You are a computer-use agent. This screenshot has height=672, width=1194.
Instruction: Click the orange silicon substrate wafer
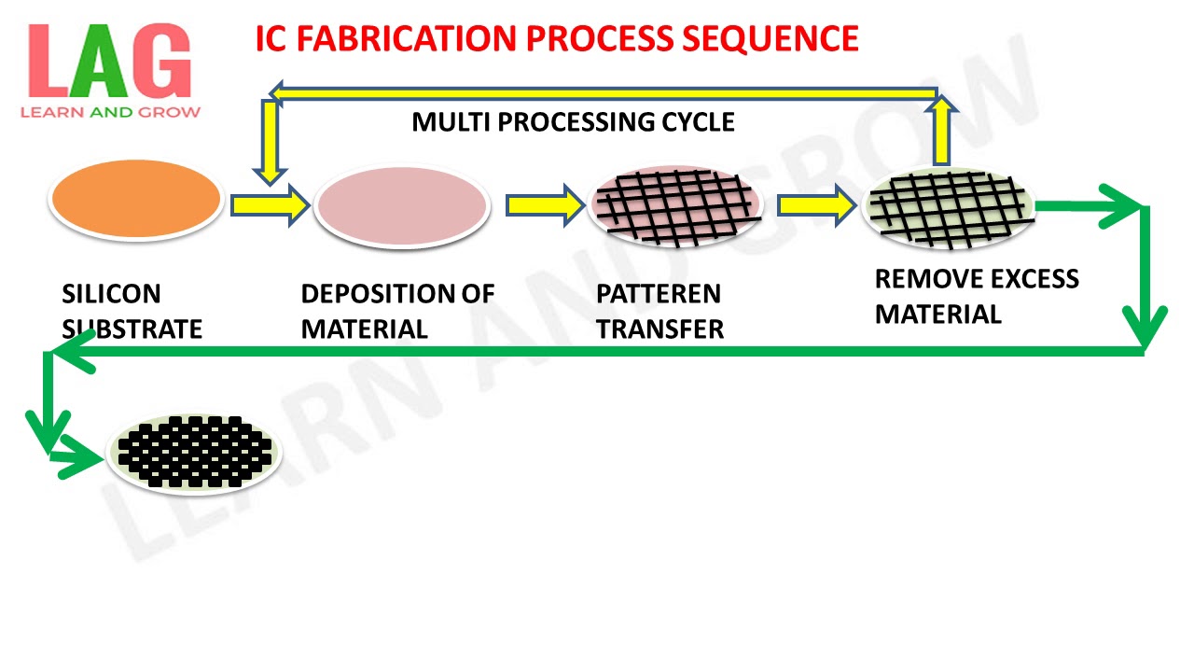click(x=136, y=200)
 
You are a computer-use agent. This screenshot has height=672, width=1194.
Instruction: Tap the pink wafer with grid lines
click(x=675, y=205)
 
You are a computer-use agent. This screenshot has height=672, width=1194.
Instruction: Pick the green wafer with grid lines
click(x=949, y=208)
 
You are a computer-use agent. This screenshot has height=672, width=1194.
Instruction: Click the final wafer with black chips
click(x=194, y=452)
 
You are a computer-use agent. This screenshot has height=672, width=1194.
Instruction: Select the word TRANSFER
click(x=659, y=329)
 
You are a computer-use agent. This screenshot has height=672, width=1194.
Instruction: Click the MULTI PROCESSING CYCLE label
click(x=573, y=122)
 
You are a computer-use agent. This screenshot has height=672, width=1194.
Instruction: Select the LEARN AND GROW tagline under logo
click(x=110, y=113)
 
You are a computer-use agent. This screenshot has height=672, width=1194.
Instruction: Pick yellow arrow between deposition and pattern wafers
click(x=544, y=204)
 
